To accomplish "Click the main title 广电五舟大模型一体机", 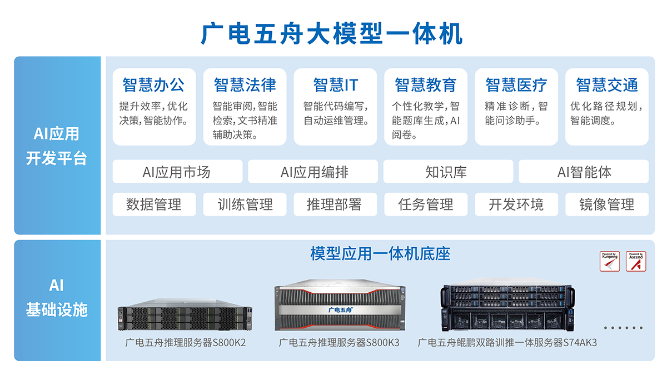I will pyautogui.click(x=332, y=34).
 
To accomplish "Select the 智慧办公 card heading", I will pyautogui.click(x=154, y=85).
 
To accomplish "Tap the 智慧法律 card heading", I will pyautogui.click(x=245, y=85).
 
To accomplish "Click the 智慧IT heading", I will pyautogui.click(x=335, y=85).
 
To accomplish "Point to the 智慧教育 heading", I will pyautogui.click(x=426, y=85).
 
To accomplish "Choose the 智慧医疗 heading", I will pyautogui.click(x=516, y=85).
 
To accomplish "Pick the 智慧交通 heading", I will pyautogui.click(x=606, y=85).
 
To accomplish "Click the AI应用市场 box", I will pyautogui.click(x=177, y=172).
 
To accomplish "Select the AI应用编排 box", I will pyautogui.click(x=313, y=172).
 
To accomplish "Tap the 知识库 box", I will pyautogui.click(x=448, y=172).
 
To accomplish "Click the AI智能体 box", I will pyautogui.click(x=584, y=172).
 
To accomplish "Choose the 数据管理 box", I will pyautogui.click(x=154, y=204).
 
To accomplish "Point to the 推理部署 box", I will pyautogui.click(x=335, y=204).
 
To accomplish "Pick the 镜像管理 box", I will pyautogui.click(x=606, y=204).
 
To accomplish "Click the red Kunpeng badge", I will pyautogui.click(x=610, y=261).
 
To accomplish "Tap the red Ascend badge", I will pyautogui.click(x=636, y=261).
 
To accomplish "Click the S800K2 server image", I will pyautogui.click(x=185, y=318).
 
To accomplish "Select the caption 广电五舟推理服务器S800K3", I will pyautogui.click(x=339, y=343).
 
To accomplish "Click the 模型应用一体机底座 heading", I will pyautogui.click(x=380, y=254).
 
